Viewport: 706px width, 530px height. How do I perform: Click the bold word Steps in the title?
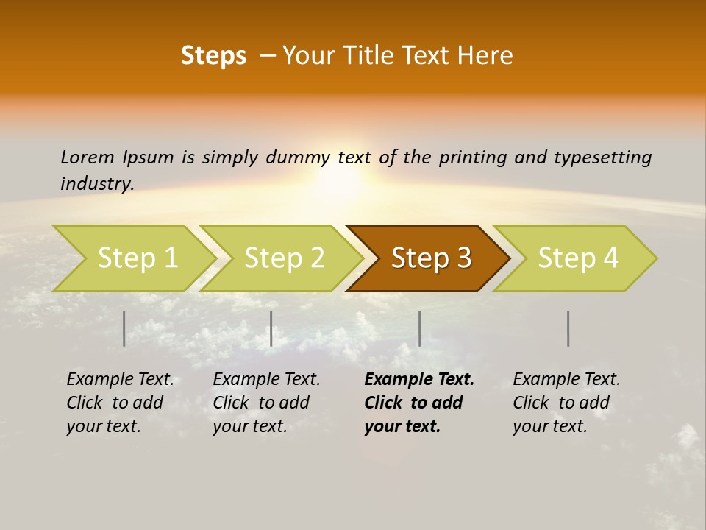coord(213,56)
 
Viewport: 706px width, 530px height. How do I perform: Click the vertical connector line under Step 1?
coord(124,328)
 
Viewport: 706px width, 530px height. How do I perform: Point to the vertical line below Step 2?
coord(271,328)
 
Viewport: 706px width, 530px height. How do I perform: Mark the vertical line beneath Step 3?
coord(420,328)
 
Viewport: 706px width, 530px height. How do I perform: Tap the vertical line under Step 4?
coord(568,328)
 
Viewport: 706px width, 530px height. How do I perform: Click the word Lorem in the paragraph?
coord(87,157)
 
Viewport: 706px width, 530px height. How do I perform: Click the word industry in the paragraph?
coord(96,183)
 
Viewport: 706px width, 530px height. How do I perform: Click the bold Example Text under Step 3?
coord(419,379)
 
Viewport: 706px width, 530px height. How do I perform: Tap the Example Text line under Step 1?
coord(120,379)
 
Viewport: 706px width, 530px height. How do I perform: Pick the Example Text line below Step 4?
coord(566,379)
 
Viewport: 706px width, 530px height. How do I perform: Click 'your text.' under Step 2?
coord(249,426)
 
